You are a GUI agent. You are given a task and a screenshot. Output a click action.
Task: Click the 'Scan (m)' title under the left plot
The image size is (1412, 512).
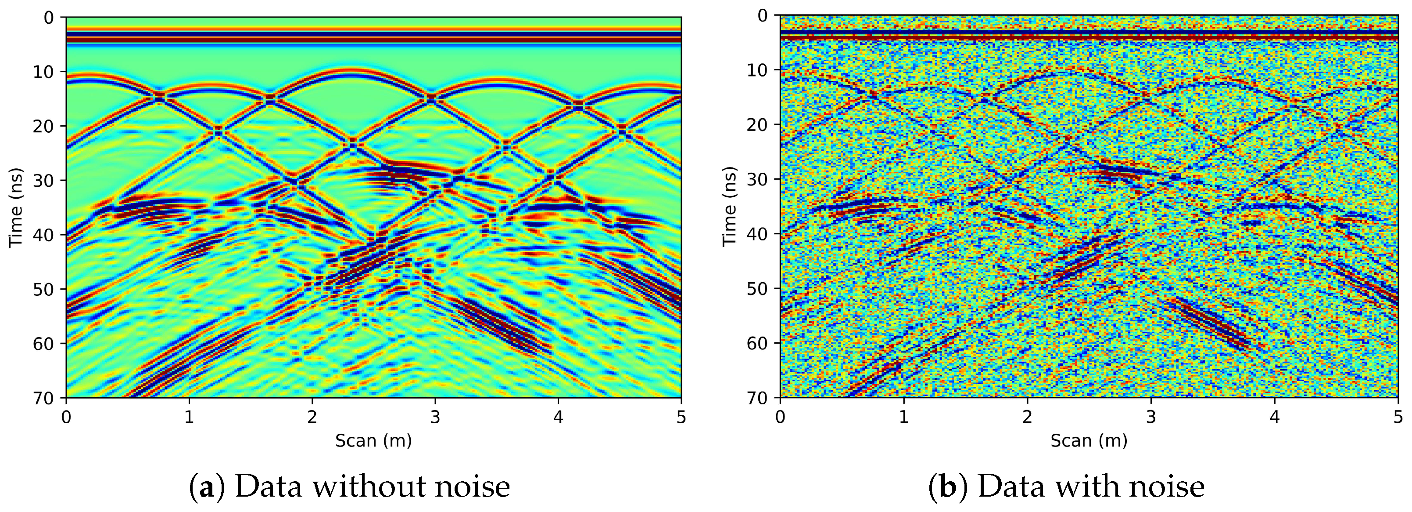pos(373,441)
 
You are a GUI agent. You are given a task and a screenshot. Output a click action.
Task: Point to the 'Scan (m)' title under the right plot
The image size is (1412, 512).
pos(1089,441)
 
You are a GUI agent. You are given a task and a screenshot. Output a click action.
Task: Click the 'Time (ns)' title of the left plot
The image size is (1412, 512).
pos(16,207)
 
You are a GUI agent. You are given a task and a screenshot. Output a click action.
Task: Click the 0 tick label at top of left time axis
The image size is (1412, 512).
pos(49,18)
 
